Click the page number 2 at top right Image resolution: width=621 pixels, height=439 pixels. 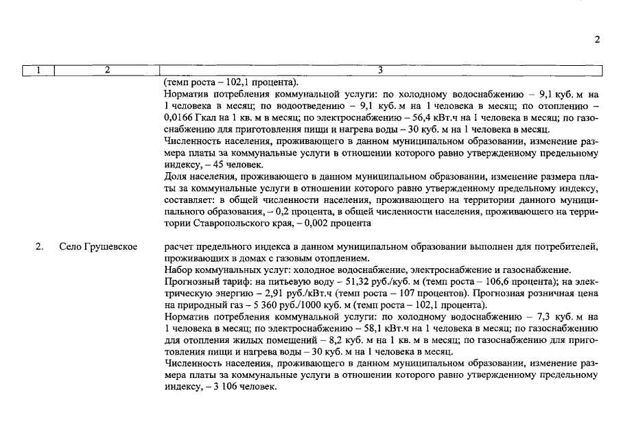click(x=597, y=39)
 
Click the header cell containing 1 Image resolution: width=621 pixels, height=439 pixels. click(x=38, y=70)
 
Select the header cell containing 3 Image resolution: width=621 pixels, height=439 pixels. click(x=380, y=70)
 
